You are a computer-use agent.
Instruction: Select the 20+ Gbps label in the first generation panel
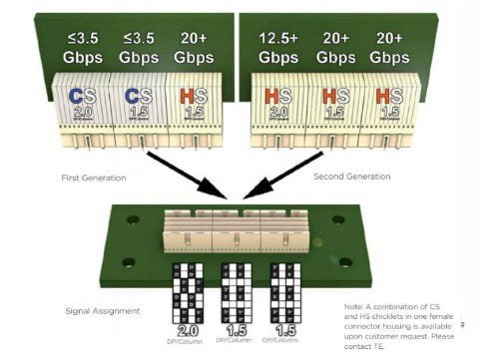(193, 48)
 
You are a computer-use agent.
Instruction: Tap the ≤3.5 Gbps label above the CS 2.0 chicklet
(81, 48)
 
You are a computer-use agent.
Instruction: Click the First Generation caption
(93, 177)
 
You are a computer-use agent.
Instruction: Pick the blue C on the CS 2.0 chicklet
(75, 97)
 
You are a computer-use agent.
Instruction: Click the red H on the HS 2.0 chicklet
(271, 97)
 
